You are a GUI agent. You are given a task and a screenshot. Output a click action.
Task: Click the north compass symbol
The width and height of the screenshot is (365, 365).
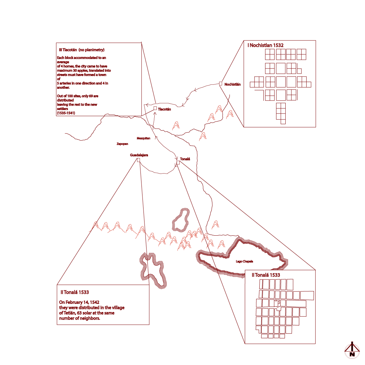point(352,351)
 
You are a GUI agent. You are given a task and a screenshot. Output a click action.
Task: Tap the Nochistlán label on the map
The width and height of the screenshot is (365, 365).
point(233,84)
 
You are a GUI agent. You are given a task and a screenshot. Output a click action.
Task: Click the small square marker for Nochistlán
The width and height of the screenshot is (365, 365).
point(220,83)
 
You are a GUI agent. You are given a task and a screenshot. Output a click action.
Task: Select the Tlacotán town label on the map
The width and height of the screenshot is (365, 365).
point(164,109)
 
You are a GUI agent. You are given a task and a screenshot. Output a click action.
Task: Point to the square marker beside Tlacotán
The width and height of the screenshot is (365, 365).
point(155,108)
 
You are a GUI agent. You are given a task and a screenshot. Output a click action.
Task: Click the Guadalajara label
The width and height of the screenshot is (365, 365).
point(139,155)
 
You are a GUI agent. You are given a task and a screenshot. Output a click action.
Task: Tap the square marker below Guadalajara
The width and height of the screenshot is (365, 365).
point(138,160)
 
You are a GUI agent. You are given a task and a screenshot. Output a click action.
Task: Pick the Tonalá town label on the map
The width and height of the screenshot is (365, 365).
point(185,159)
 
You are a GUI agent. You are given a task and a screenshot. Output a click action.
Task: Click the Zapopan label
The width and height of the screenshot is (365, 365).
point(123,144)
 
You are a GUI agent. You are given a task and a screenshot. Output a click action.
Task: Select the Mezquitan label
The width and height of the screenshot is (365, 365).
point(144,138)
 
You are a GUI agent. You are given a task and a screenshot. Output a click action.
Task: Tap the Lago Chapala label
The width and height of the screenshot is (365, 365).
point(244,261)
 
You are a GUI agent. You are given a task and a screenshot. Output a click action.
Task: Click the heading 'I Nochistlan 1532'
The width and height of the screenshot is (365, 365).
point(265,45)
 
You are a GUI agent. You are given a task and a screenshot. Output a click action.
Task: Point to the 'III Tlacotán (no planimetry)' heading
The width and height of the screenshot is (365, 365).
point(82,50)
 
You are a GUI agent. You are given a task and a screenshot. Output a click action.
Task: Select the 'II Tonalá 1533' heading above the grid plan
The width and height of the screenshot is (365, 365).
point(266,275)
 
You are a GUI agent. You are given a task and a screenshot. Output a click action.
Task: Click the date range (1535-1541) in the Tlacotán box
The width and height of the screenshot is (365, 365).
point(66,113)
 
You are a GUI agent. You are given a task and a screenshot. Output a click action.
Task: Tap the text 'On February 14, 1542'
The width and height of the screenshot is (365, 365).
point(79,302)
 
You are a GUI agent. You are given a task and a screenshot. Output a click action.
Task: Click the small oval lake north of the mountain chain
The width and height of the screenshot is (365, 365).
point(181,220)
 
